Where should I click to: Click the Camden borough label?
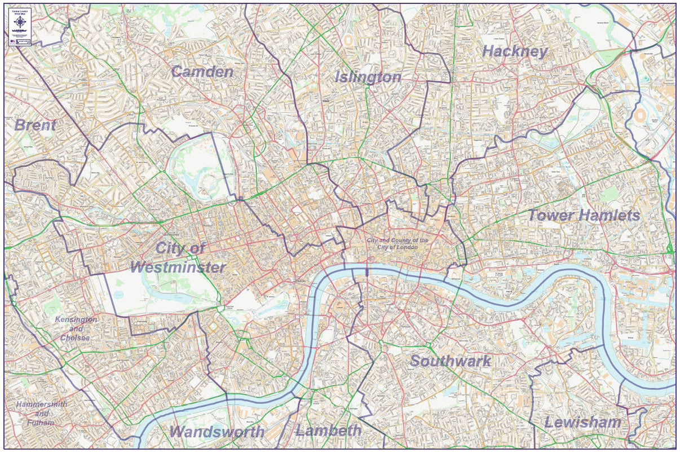[202, 72]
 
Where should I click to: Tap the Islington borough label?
[368, 77]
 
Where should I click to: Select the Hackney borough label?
[515, 51]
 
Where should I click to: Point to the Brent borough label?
[35, 125]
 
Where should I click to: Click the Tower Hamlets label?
[584, 215]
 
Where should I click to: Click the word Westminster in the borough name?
[178, 267]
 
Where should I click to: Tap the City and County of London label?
[397, 244]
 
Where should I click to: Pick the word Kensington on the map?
[76, 319]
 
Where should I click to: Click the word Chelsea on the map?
[76, 337]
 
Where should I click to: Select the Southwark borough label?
[450, 361]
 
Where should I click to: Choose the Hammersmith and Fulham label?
[42, 413]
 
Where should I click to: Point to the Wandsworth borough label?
[217, 432]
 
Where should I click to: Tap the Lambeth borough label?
[328, 431]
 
